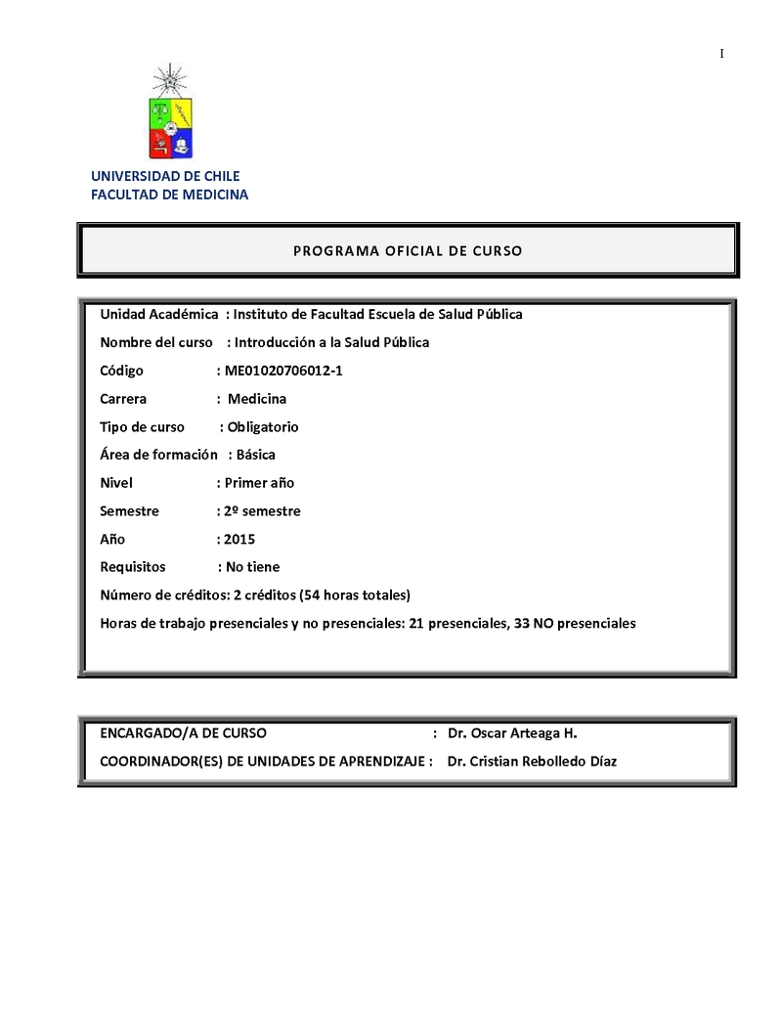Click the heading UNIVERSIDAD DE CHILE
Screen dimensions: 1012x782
coord(165,176)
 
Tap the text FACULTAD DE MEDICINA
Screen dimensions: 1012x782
coord(169,195)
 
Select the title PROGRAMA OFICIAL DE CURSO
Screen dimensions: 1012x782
coord(408,251)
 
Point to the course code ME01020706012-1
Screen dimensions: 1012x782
coord(283,371)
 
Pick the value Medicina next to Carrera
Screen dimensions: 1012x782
coord(257,399)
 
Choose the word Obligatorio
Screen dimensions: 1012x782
coord(263,427)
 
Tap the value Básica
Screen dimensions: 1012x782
coord(256,455)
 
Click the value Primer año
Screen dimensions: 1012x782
coord(259,483)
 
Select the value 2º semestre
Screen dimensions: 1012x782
coord(262,511)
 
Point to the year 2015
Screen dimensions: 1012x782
coord(239,539)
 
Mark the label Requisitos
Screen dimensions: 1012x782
coord(133,567)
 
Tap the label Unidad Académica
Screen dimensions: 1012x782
coord(159,314)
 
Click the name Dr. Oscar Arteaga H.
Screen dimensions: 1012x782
coord(513,733)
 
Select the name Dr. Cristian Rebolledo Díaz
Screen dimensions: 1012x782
coord(532,762)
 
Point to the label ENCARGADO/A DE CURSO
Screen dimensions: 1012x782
coord(183,733)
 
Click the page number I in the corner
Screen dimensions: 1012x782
coord(721,53)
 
